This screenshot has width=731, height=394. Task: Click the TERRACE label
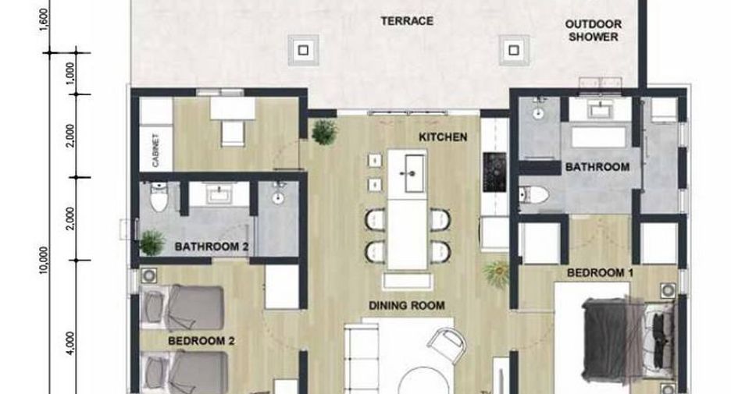click(407, 21)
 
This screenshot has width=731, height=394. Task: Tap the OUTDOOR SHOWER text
click(593, 30)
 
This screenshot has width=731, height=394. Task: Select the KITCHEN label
click(442, 137)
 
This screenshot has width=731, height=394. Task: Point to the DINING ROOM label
click(407, 306)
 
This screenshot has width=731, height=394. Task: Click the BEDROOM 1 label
click(600, 272)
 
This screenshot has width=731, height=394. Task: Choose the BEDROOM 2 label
click(201, 341)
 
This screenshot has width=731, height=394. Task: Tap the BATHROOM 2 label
click(212, 247)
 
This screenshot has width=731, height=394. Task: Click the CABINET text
click(155, 150)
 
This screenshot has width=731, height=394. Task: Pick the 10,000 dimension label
click(44, 260)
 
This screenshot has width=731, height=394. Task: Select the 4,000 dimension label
click(70, 343)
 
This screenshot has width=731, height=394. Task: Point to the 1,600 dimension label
click(44, 20)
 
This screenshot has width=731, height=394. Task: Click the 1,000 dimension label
click(70, 73)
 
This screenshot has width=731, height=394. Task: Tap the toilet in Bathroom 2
click(159, 197)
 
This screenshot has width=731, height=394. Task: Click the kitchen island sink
click(414, 174)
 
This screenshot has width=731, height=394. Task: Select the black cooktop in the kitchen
click(494, 172)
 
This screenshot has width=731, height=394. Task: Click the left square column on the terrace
click(303, 50)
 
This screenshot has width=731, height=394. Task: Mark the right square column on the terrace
click(513, 50)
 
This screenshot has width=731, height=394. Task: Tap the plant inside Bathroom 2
click(152, 243)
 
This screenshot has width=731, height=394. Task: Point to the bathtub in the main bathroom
click(598, 137)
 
